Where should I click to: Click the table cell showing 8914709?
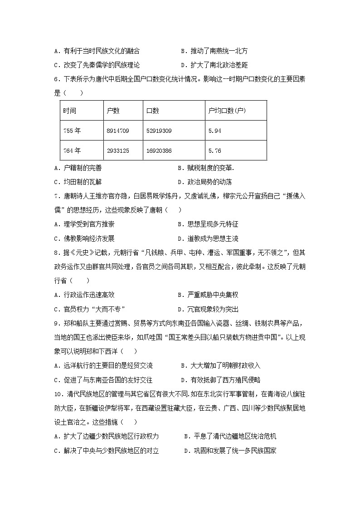click(x=118, y=131)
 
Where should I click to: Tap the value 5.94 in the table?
click(x=214, y=131)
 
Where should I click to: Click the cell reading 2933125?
click(x=118, y=150)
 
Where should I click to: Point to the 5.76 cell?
click(x=214, y=150)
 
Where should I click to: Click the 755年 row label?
click(x=72, y=131)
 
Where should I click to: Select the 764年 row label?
click(x=72, y=150)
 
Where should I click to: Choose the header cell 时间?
click(x=70, y=111)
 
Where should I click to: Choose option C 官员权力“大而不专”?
click(x=89, y=309)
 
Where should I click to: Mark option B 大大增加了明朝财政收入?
click(x=220, y=365)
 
